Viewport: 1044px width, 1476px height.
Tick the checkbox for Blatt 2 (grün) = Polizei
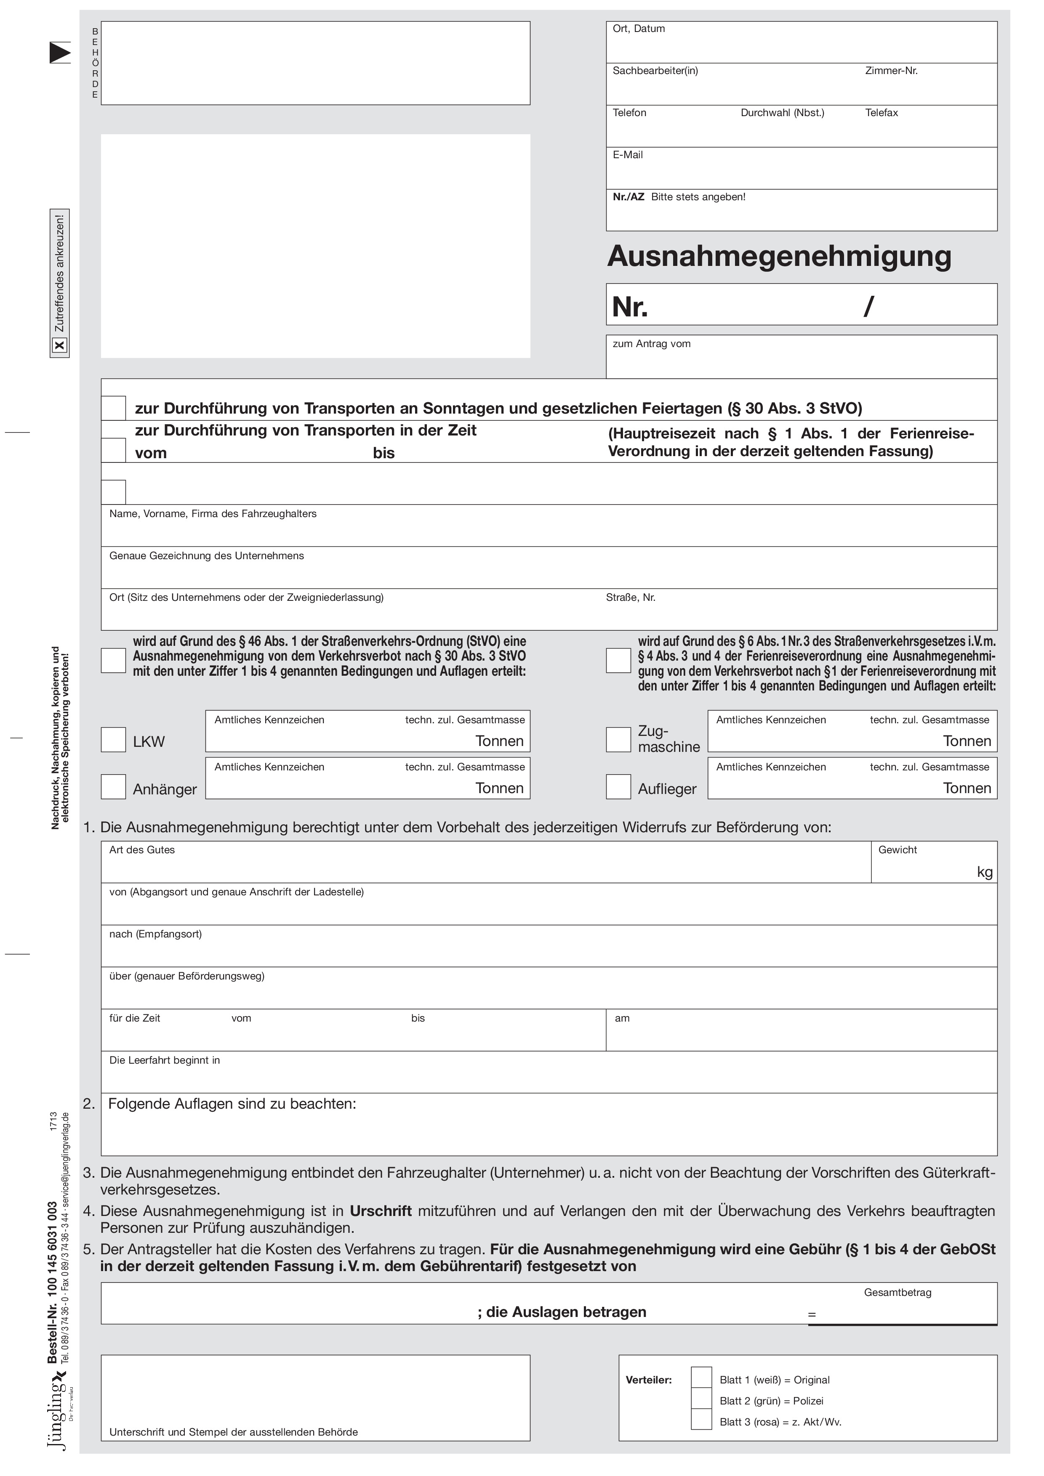(x=701, y=1400)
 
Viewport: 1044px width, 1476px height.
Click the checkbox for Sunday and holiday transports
(x=113, y=408)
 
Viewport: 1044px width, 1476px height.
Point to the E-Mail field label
(x=627, y=155)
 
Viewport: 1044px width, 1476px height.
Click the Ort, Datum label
(x=638, y=29)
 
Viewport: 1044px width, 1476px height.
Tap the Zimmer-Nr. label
(x=891, y=71)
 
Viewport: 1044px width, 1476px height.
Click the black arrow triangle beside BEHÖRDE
(x=59, y=53)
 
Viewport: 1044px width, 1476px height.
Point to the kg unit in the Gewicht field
(x=984, y=872)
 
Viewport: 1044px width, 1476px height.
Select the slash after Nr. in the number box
(x=868, y=307)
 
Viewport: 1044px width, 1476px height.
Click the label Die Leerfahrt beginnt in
(x=165, y=1060)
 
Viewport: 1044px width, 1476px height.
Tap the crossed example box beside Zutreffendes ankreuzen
(x=59, y=346)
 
